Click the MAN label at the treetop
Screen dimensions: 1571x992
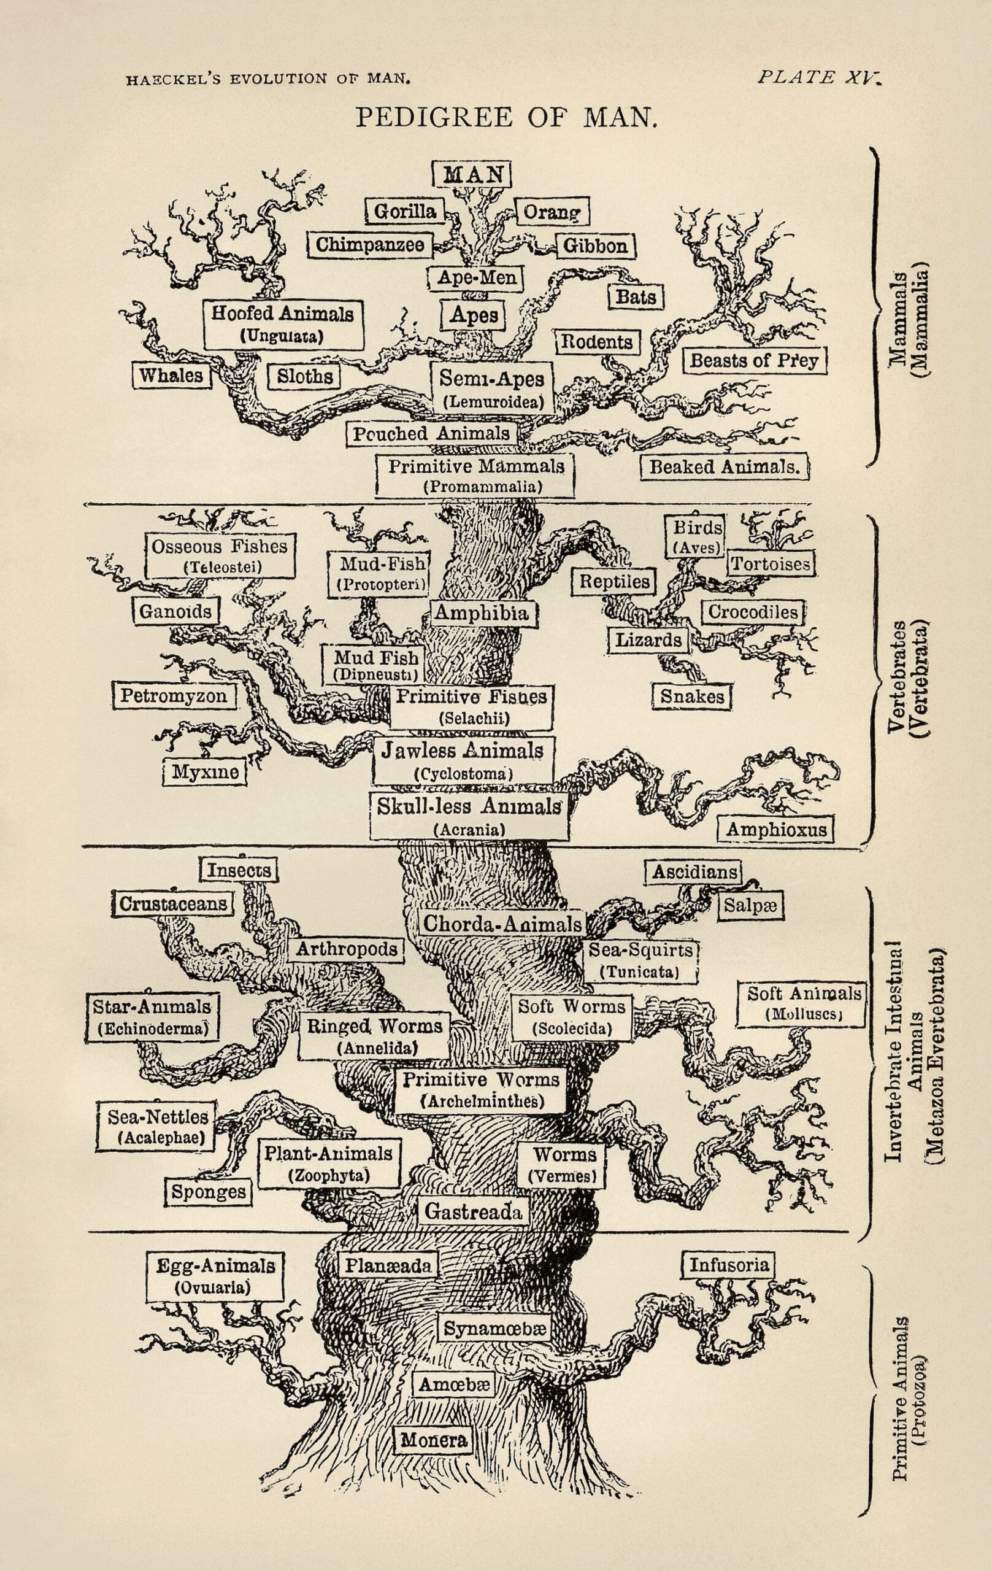pos(472,174)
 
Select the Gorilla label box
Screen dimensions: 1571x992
pos(405,210)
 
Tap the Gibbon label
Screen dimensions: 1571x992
pos(596,246)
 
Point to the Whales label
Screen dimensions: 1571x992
pos(172,375)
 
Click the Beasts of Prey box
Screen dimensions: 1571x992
pos(754,360)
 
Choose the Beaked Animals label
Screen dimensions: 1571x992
pos(724,467)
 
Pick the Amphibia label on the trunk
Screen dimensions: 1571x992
pos(482,612)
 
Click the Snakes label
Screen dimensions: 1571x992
pos(692,696)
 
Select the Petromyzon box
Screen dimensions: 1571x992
pos(174,695)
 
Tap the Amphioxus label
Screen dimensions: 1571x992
pos(776,829)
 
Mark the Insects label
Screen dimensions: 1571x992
pos(239,870)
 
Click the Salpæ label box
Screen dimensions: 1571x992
pos(750,906)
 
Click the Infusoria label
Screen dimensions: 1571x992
pos(729,1265)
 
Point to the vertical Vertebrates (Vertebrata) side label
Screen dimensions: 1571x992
pos(909,679)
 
